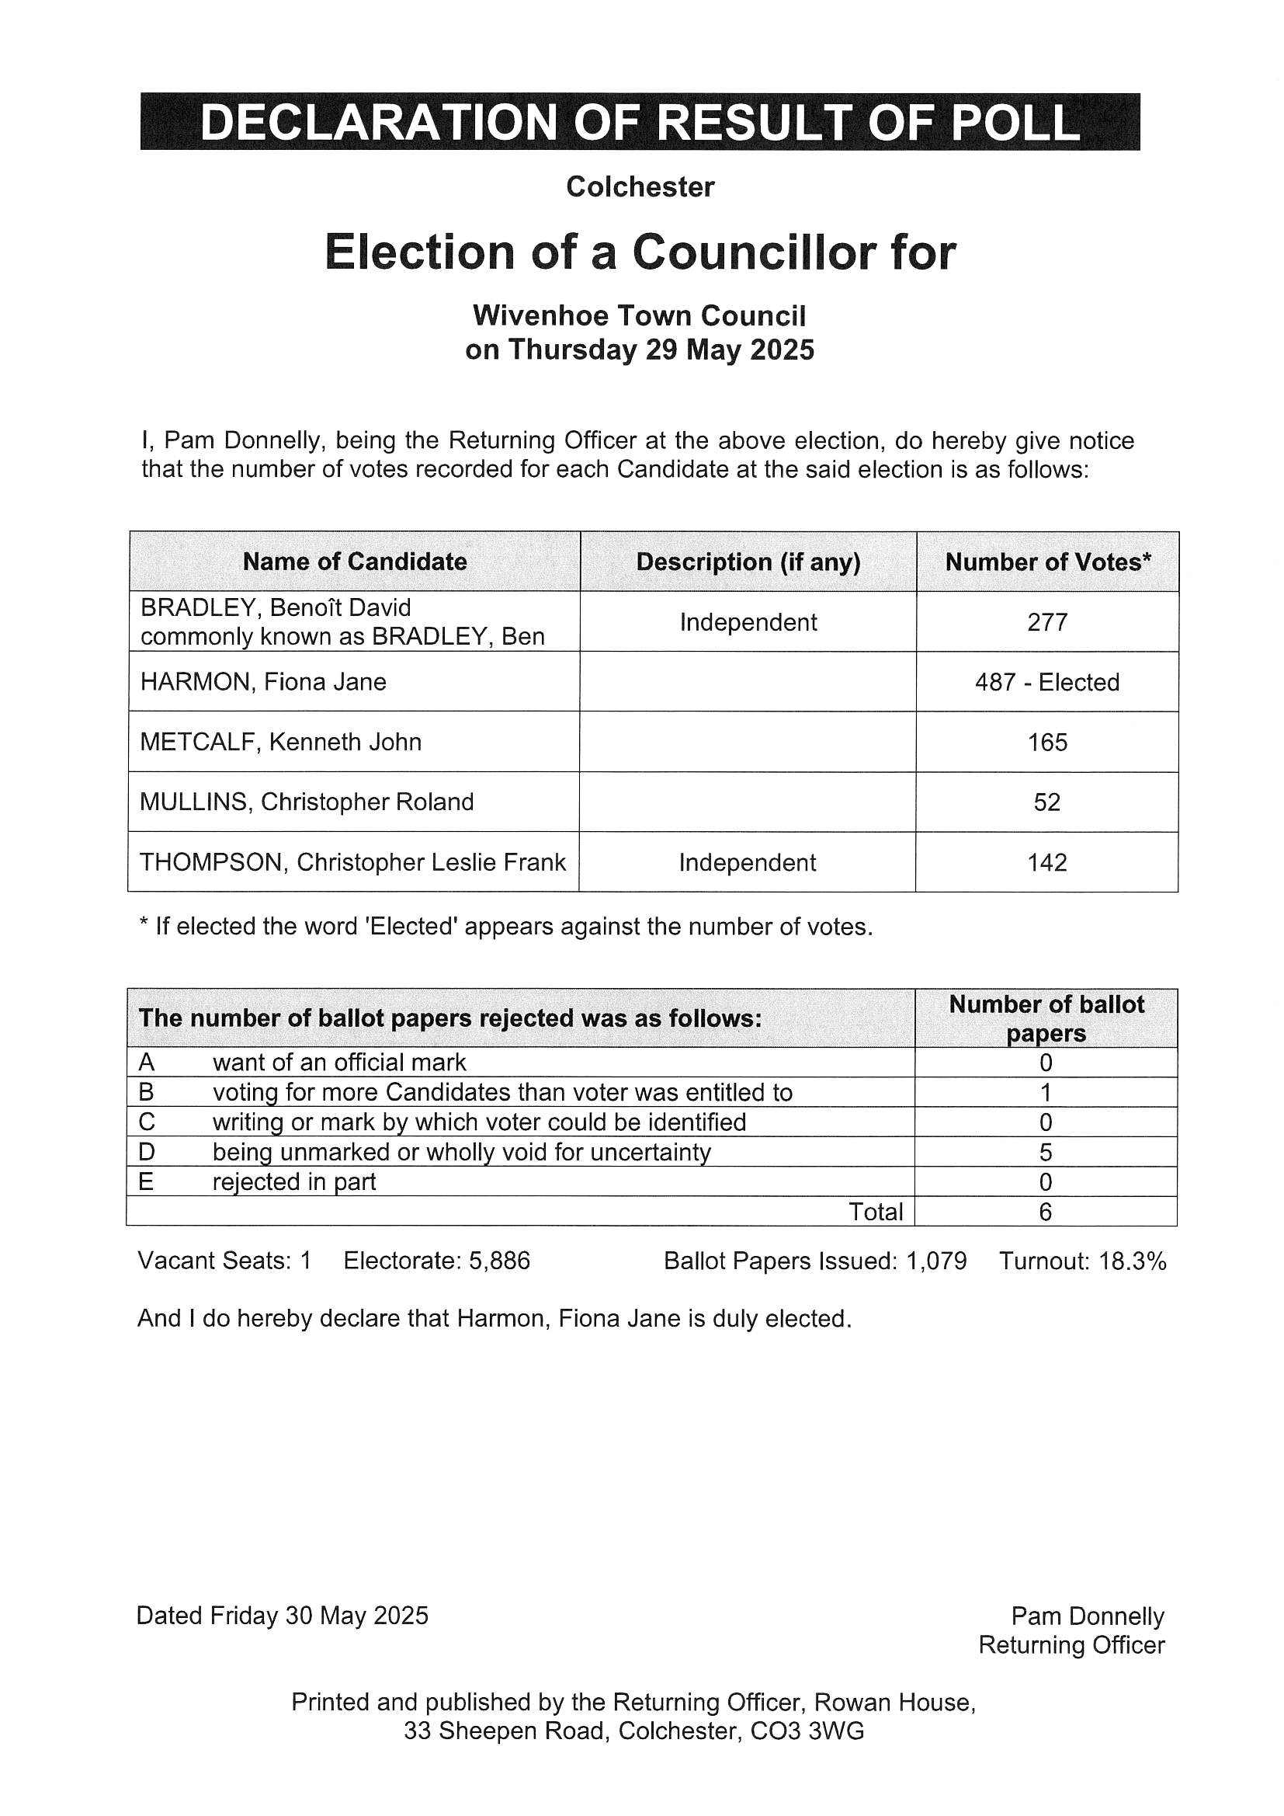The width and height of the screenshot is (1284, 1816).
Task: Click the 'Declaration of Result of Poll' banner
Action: coord(640,122)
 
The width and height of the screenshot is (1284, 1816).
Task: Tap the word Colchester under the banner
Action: coord(640,187)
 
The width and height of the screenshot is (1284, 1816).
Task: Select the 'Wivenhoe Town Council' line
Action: coord(639,315)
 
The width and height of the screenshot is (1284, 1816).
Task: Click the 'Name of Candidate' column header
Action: coord(354,562)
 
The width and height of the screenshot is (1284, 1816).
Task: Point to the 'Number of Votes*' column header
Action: coord(1047,562)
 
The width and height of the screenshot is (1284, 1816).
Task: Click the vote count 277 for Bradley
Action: coord(1047,622)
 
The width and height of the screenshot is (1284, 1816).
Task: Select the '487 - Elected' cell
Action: coord(1047,682)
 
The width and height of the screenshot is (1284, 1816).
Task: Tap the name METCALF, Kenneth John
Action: coord(281,742)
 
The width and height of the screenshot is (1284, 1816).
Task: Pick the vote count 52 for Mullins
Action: coord(1046,802)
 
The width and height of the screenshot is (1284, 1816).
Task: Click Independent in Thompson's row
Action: coord(747,862)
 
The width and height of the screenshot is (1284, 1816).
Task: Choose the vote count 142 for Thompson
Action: coord(1047,862)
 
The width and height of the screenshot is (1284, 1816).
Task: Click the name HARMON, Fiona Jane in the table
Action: coord(263,682)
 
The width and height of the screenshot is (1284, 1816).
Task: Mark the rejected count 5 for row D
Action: coord(1045,1153)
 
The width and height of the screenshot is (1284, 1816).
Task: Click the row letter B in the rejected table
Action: coord(146,1092)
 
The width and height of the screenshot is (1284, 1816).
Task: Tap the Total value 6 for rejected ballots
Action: coord(1045,1212)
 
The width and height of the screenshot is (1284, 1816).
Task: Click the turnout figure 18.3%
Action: coord(1133,1261)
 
